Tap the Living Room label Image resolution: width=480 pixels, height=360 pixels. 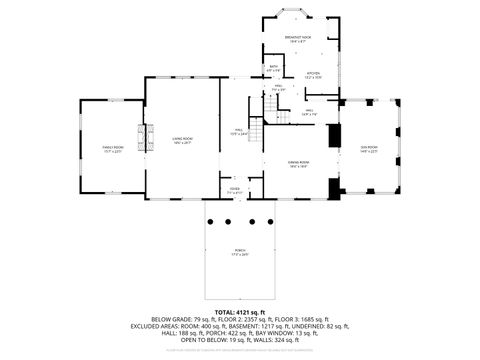(x=181, y=141)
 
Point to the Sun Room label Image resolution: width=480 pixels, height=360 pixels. (x=369, y=149)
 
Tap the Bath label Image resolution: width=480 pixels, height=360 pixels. (x=274, y=70)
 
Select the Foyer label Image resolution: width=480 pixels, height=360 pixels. (x=234, y=189)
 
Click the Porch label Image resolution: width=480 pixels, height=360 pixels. (x=239, y=253)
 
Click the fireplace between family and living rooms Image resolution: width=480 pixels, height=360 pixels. (x=145, y=140)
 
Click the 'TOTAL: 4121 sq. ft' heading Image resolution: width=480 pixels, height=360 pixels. (x=240, y=312)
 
